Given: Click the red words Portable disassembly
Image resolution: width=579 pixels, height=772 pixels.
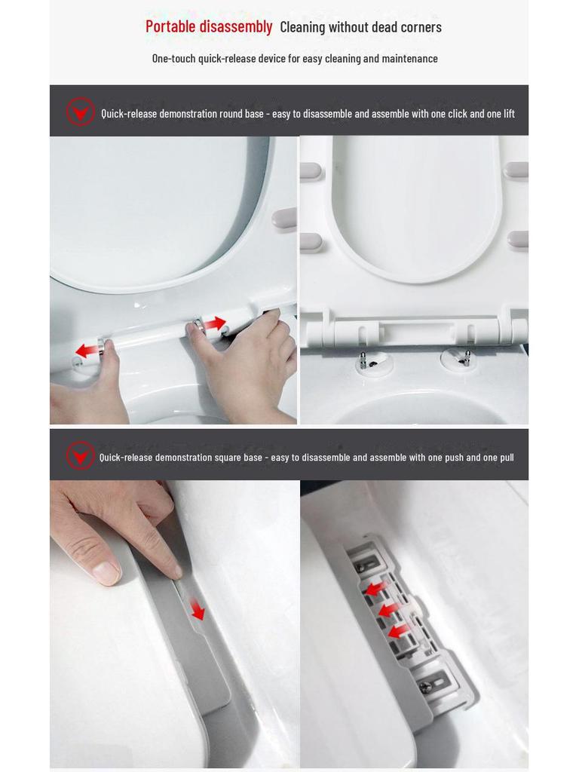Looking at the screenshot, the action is tap(209, 26).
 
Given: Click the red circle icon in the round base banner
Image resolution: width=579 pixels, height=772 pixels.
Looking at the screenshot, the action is tap(80, 112).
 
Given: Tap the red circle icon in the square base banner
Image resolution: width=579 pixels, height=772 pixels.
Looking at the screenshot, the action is tap(80, 455).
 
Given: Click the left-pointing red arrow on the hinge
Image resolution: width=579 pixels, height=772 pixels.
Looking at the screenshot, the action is tap(87, 350).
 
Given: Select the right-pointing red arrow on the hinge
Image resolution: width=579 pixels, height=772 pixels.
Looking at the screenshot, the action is tap(214, 324).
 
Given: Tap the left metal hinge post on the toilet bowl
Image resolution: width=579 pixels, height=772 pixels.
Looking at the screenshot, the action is tap(363, 360).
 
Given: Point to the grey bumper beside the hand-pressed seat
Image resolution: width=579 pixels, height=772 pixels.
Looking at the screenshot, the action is tap(284, 219).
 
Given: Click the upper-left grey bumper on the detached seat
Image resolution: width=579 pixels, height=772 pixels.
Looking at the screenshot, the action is tap(311, 171).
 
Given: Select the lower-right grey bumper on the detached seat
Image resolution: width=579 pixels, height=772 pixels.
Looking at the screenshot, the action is tap(518, 240).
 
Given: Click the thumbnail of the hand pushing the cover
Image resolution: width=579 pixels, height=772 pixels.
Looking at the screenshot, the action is tap(174, 623).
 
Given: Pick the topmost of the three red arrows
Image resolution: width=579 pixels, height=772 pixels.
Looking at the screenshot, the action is tap(376, 588).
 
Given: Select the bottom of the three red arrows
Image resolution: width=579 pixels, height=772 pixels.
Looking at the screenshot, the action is tap(398, 631).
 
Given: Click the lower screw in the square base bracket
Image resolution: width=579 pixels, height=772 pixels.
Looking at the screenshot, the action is tap(425, 686).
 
